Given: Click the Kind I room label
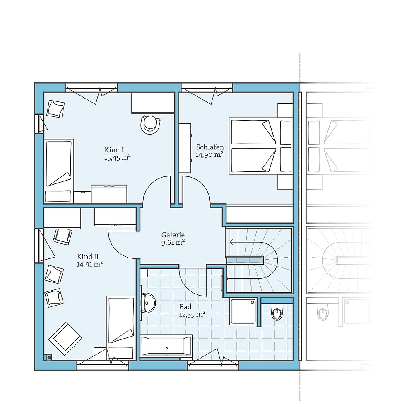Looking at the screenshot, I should pos(114,150).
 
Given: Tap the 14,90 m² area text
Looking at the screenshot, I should pos(209,154).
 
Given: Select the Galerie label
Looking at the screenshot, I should pos(173,235).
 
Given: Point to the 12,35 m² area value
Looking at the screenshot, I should pos(192,314).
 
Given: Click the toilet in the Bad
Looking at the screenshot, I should pos(277,313).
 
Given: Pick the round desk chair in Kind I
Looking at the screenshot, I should pos(150,124).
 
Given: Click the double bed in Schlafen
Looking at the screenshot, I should pos(261,146).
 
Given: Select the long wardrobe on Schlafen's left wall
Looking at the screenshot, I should pos(185,147).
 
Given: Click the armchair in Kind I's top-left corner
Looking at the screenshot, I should pos(55,109).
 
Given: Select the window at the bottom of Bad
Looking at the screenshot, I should pos(213,364).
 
